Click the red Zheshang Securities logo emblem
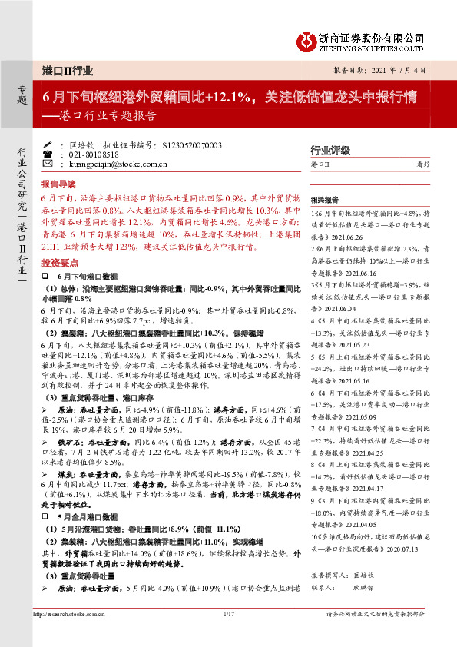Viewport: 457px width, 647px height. click(306, 40)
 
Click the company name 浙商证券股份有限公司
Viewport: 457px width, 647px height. click(371, 36)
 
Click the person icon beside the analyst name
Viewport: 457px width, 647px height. click(47, 144)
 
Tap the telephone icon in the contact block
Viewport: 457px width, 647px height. click(47, 154)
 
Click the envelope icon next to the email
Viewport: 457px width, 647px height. click(47, 164)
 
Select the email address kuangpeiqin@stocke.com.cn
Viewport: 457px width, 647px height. click(113, 164)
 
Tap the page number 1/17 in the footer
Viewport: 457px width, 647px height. click(227, 613)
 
